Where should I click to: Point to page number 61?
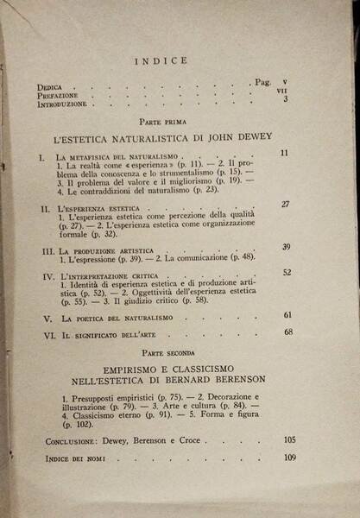pos(287,315)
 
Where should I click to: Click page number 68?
pos(288,332)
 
